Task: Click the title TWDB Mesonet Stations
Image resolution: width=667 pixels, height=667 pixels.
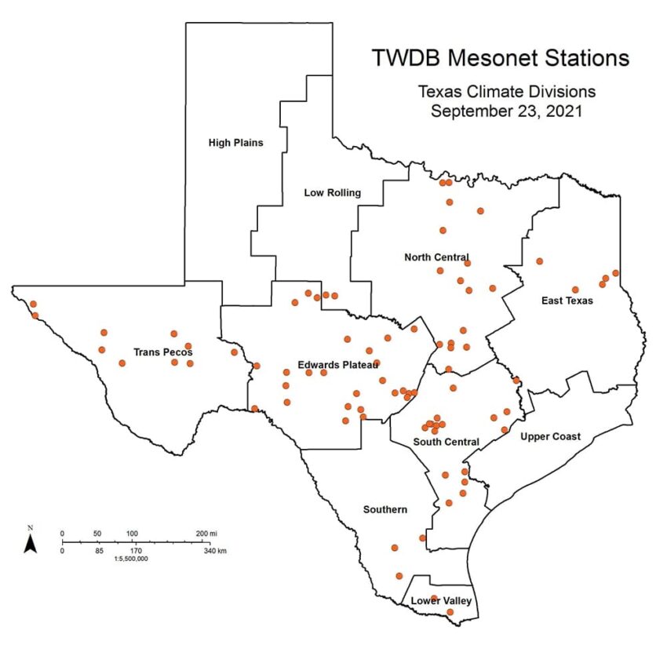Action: pos(500,58)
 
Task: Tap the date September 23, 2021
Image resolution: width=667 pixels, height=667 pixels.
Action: pos(506,111)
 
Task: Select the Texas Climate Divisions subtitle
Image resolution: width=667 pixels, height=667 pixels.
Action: pos(506,92)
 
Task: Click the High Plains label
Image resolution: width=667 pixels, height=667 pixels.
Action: pos(235,143)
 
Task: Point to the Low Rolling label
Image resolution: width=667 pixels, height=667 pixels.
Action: pos(332,192)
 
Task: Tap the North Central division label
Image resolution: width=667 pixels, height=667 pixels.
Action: pos(436,257)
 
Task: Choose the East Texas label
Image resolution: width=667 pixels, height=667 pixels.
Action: pos(567,301)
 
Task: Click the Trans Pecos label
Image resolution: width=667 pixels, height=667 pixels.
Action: pos(163,352)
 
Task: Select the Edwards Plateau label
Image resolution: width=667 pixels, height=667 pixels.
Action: pos(338,365)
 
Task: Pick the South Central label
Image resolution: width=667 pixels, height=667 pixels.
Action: pos(446,442)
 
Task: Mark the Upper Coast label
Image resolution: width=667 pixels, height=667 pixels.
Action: pos(551,436)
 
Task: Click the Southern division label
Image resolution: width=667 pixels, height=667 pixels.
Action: pos(385,510)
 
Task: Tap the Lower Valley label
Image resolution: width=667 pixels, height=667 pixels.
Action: pos(442,601)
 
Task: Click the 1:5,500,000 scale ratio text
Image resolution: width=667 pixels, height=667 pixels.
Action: pos(131,559)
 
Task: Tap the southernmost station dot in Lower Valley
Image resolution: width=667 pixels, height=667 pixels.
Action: pos(450,612)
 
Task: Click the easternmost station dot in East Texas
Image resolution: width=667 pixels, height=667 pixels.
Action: pos(616,273)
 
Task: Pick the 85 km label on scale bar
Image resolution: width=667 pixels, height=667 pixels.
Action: pos(99,551)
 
